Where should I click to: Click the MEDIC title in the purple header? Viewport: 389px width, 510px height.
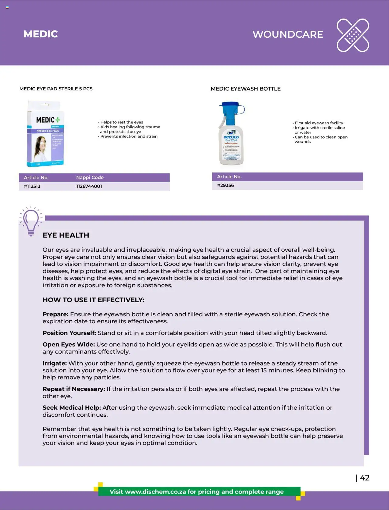pyautogui.click(x=40, y=34)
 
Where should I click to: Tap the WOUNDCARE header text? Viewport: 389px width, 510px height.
pyautogui.click(x=287, y=34)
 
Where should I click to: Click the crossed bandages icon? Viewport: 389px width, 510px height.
pyautogui.click(x=353, y=35)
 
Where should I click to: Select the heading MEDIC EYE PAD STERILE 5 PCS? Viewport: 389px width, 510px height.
pyautogui.click(x=56, y=89)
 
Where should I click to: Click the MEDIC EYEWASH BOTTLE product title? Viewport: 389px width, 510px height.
pyautogui.click(x=246, y=89)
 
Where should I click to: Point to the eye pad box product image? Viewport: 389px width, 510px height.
pyautogui.click(x=46, y=134)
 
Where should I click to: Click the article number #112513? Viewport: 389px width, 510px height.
pyautogui.click(x=32, y=186)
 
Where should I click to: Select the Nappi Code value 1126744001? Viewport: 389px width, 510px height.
pyautogui.click(x=89, y=186)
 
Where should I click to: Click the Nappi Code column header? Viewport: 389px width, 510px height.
pyautogui.click(x=90, y=177)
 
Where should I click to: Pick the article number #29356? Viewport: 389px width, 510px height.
pyautogui.click(x=225, y=185)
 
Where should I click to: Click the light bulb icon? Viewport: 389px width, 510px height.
pyautogui.click(x=31, y=221)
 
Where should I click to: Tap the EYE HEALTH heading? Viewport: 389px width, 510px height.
pyautogui.click(x=66, y=235)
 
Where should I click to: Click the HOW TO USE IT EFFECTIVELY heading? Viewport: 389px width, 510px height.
pyautogui.click(x=93, y=300)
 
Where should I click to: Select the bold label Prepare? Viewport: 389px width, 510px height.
pyautogui.click(x=55, y=314)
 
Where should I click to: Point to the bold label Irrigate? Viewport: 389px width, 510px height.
pyautogui.click(x=54, y=363)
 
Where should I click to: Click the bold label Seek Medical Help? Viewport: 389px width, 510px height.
pyautogui.click(x=71, y=408)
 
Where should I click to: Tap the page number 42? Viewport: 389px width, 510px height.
pyautogui.click(x=364, y=478)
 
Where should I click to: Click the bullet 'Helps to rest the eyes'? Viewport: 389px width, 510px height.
pyautogui.click(x=122, y=122)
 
